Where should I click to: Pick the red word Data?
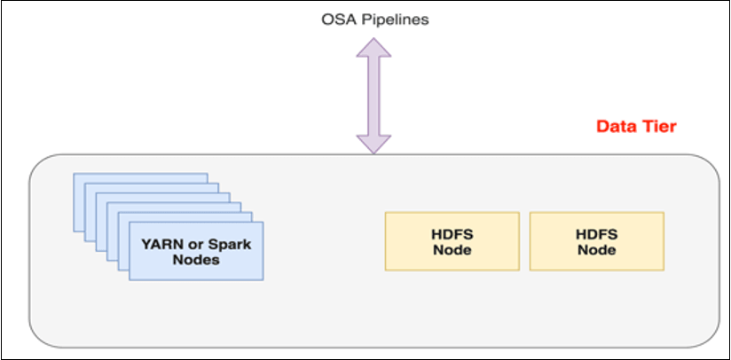pyautogui.click(x=615, y=127)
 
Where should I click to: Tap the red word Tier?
pyautogui.click(x=659, y=127)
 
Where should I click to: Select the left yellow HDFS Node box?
pyautogui.click(x=452, y=240)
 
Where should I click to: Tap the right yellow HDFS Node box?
pyautogui.click(x=596, y=240)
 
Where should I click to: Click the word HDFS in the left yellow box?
pyautogui.click(x=452, y=233)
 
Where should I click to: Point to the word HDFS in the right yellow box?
pyautogui.click(x=596, y=233)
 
